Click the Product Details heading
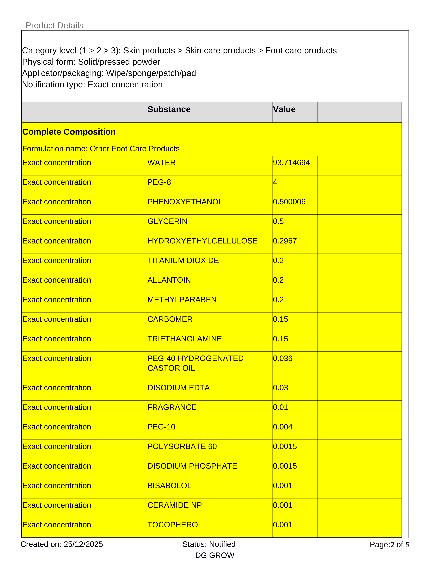pyautogui.click(x=54, y=25)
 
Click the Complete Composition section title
pyautogui.click(x=69, y=132)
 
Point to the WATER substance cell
pyautogui.click(x=162, y=163)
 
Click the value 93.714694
pyautogui.click(x=291, y=163)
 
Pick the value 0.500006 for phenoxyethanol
pyautogui.click(x=289, y=202)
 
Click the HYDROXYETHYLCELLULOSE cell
pyautogui.click(x=202, y=241)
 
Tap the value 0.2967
pyautogui.click(x=285, y=241)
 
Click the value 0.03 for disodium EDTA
pyautogui.click(x=280, y=388)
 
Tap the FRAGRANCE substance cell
pyautogui.click(x=172, y=407)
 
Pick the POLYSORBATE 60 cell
pyautogui.click(x=182, y=446)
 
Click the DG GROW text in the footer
pyautogui.click(x=215, y=555)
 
